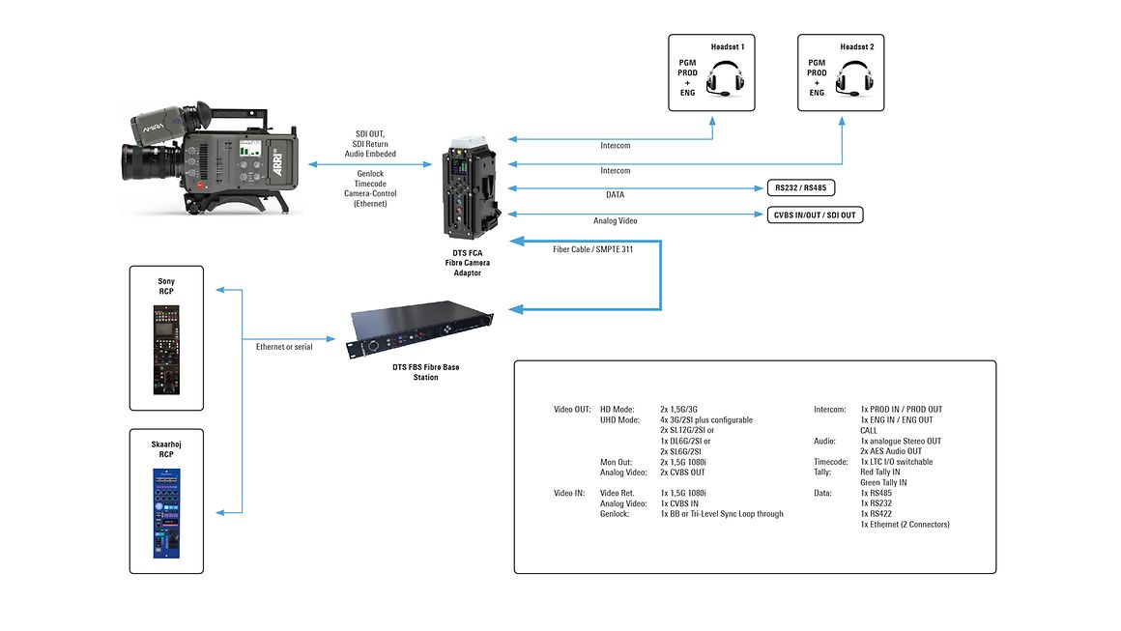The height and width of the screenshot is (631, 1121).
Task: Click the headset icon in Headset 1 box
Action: click(x=725, y=78)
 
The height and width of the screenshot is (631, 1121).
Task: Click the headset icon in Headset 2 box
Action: click(x=853, y=78)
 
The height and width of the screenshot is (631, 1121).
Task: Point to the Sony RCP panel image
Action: click(x=166, y=350)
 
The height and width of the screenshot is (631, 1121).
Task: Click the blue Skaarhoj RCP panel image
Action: click(x=166, y=513)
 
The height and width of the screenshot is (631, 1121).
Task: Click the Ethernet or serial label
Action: click(x=284, y=346)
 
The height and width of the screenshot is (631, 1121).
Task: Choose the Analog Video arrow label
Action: click(x=615, y=221)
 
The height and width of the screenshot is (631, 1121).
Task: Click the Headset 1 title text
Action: click(x=728, y=46)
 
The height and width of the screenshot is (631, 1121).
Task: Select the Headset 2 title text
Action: click(x=856, y=46)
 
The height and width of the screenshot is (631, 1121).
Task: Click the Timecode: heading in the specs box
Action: click(x=832, y=462)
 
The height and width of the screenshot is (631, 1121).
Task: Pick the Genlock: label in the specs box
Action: click(x=616, y=514)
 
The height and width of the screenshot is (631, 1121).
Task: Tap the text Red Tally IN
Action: click(x=879, y=473)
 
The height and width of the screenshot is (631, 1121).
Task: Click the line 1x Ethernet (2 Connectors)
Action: click(x=905, y=525)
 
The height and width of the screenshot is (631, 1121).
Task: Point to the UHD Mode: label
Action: click(x=619, y=420)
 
